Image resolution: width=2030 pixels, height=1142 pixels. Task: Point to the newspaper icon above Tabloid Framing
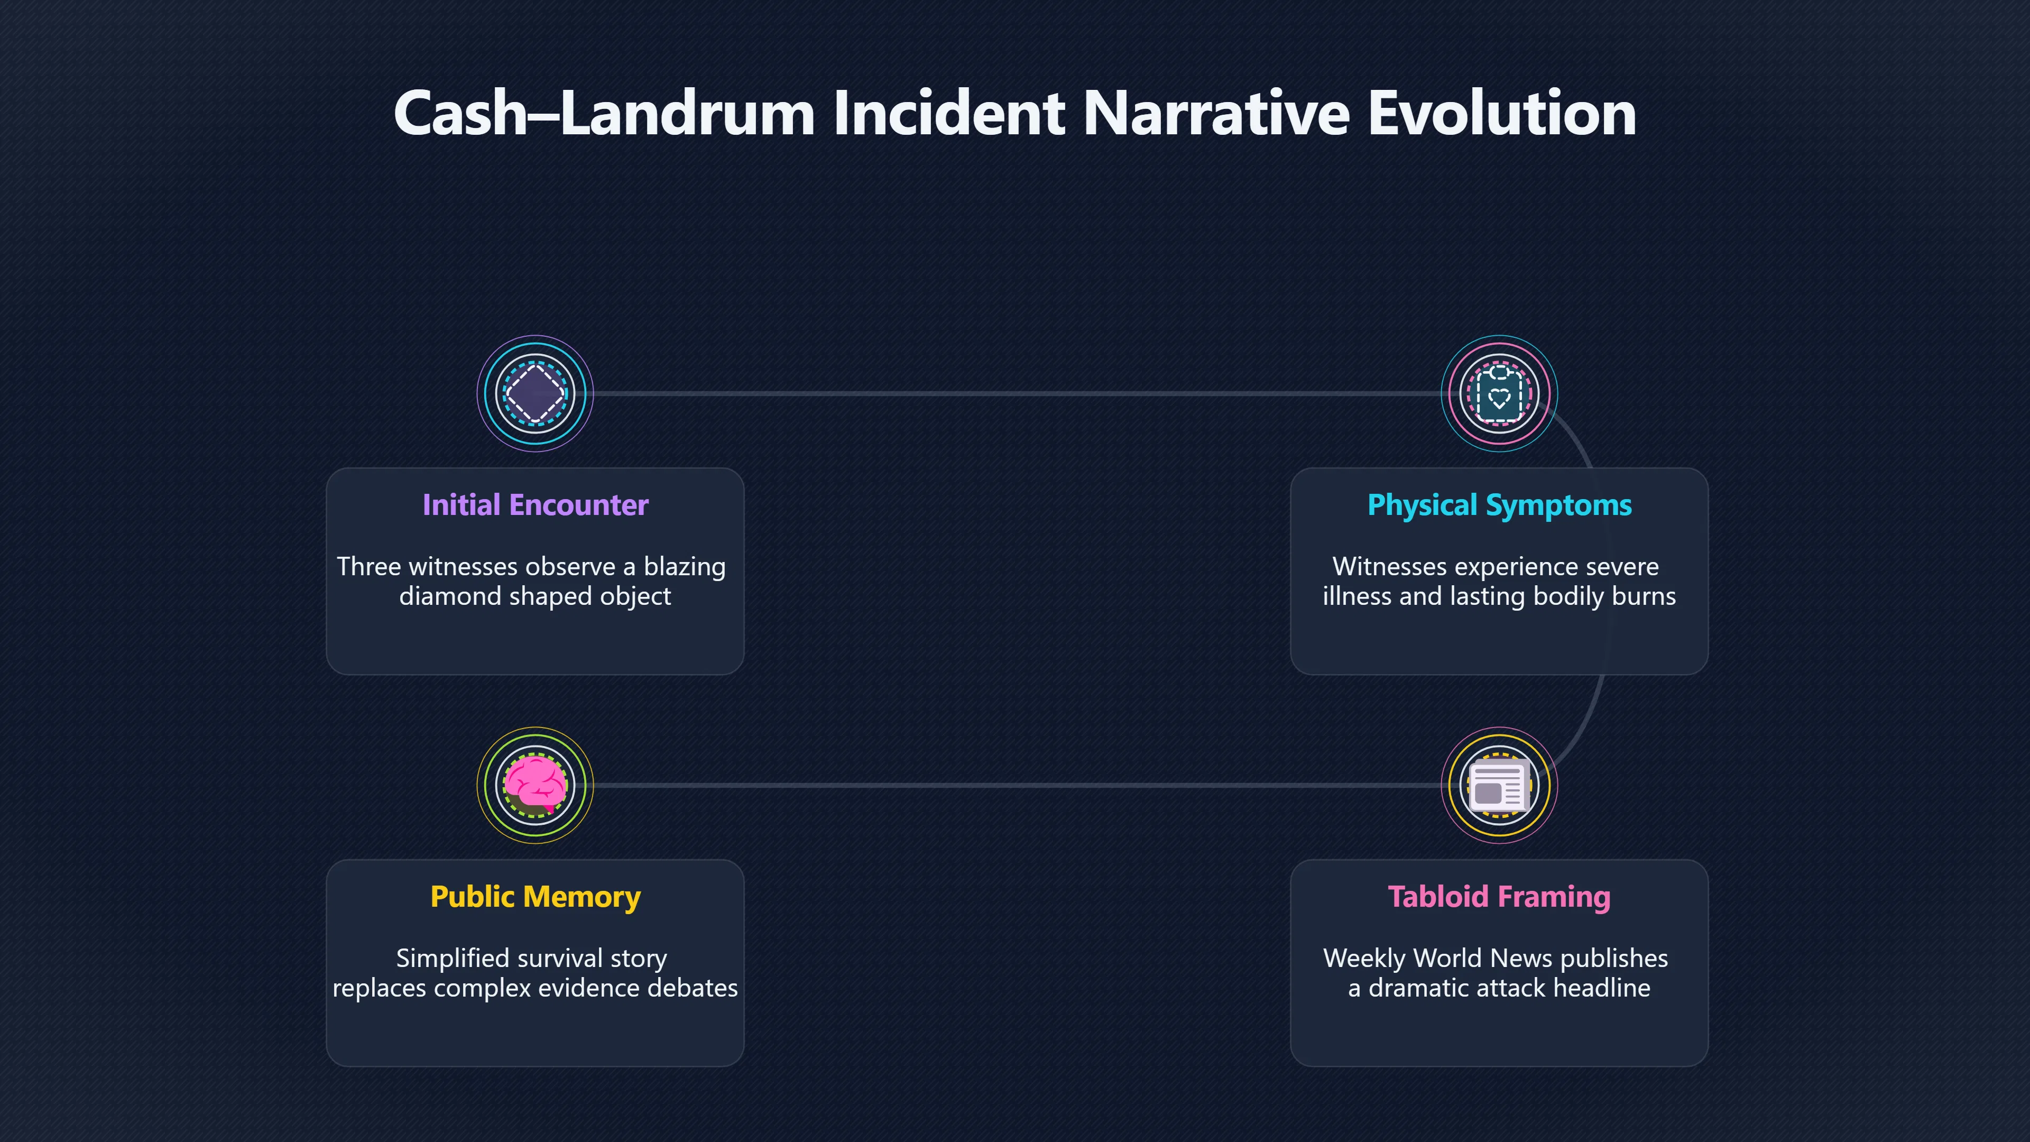[x=1499, y=785]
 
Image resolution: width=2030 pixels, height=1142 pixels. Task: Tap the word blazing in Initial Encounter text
[x=684, y=567]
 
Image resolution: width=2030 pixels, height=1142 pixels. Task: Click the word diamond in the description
[x=451, y=596]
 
